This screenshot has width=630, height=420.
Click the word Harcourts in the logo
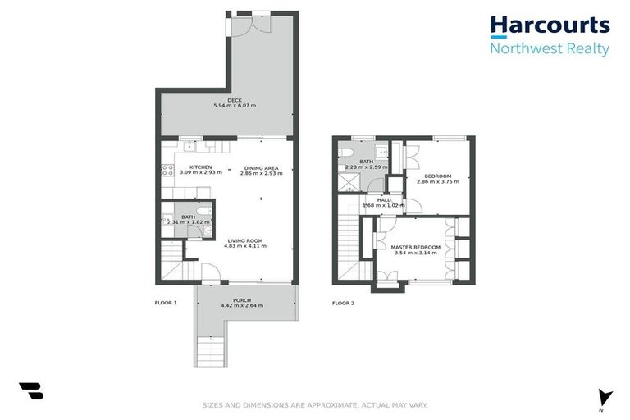[550, 25]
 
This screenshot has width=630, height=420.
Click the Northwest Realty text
[550, 48]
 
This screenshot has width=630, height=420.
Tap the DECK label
[235, 100]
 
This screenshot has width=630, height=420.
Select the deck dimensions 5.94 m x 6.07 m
[235, 106]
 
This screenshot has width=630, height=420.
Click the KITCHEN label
[189, 167]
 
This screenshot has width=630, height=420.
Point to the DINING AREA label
[261, 167]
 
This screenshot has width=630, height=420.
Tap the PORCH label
[241, 299]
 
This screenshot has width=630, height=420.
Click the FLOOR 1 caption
[166, 303]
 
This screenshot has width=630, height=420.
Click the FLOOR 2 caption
[343, 303]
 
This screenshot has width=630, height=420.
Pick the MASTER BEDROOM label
[416, 247]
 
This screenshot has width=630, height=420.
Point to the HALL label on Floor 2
[384, 199]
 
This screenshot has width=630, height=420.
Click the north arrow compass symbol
[605, 397]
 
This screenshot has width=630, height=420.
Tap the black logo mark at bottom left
[31, 391]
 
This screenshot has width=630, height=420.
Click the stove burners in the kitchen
[167, 171]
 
